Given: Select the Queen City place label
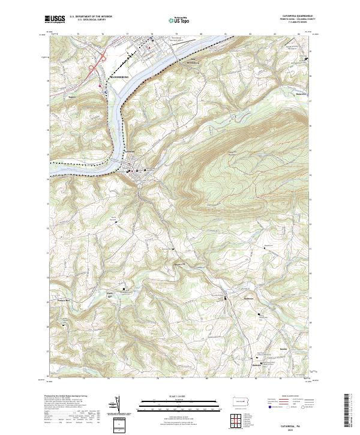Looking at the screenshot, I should coord(178,262).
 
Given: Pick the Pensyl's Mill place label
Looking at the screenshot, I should coord(65,300).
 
